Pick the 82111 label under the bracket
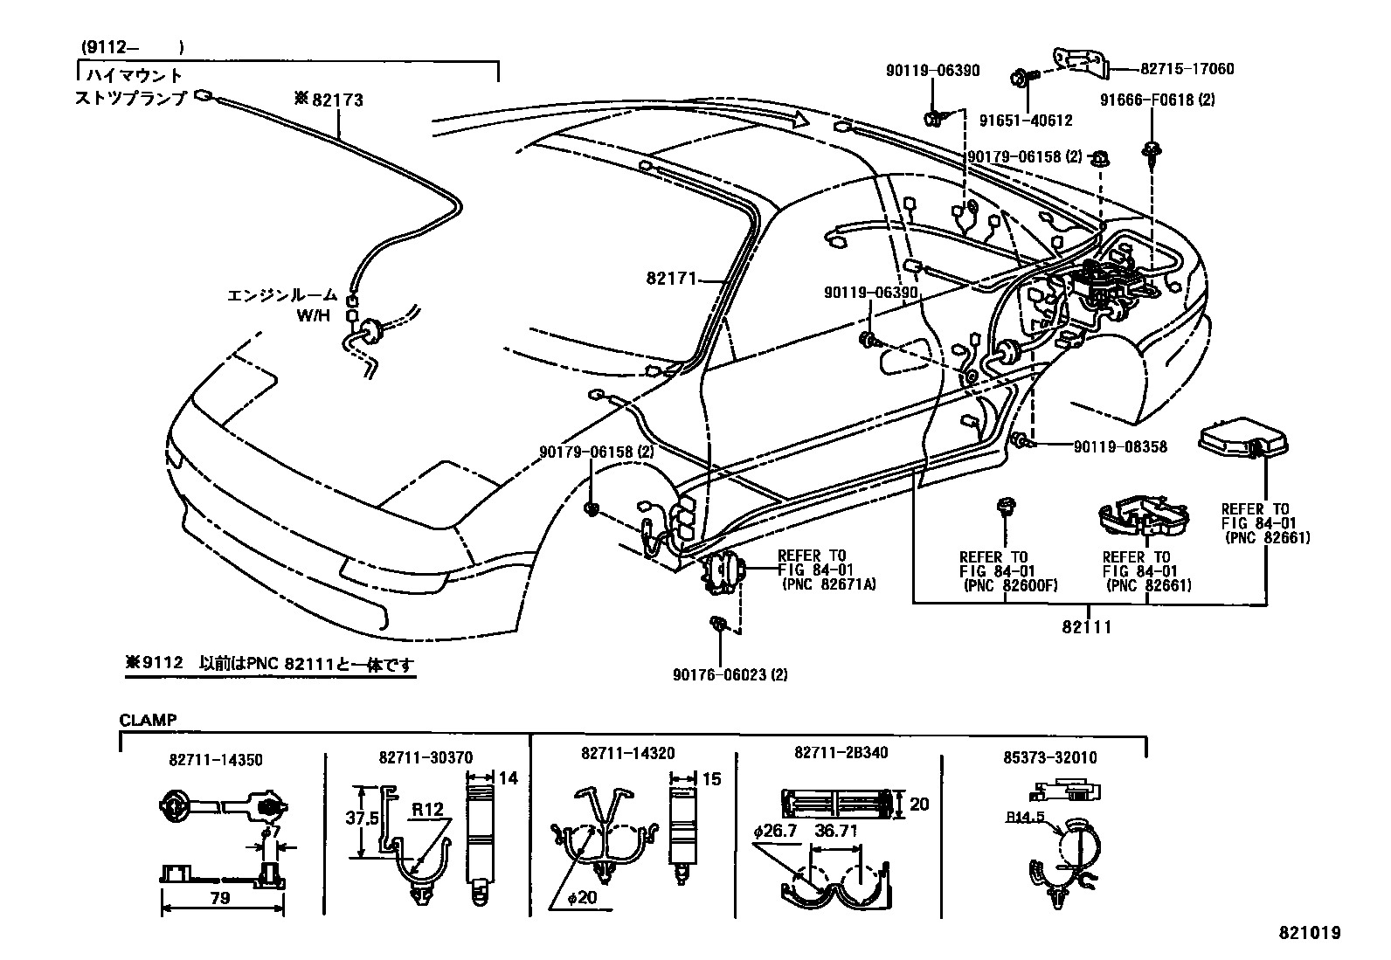(x=1088, y=626)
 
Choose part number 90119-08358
(x=1120, y=446)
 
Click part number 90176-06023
(x=731, y=674)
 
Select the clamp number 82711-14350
(x=216, y=760)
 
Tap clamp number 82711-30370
(x=426, y=757)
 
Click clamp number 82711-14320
(x=627, y=753)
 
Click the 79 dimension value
(x=221, y=898)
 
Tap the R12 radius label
(x=428, y=809)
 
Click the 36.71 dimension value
(x=835, y=831)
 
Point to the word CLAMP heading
(x=148, y=720)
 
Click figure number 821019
(x=1311, y=933)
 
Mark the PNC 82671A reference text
(x=827, y=584)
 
